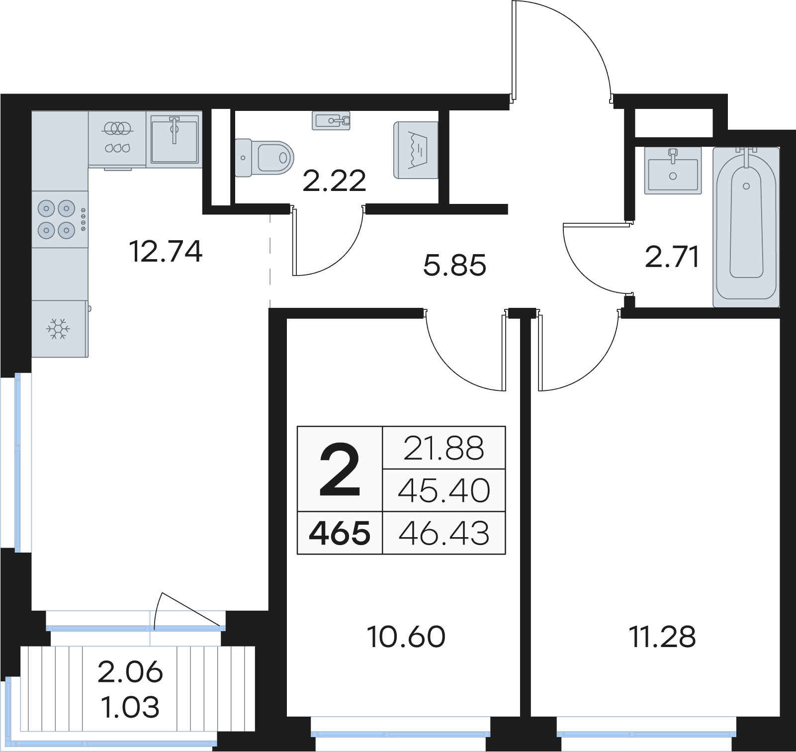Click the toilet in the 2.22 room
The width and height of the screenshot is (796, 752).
tap(264, 158)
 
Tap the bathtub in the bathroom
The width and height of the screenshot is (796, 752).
tap(746, 227)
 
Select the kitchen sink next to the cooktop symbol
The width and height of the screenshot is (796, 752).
tap(175, 139)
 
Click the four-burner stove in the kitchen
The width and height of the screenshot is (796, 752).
tap(60, 219)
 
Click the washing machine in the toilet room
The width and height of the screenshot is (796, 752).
tap(416, 150)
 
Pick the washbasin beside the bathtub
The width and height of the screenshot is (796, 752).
tap(673, 170)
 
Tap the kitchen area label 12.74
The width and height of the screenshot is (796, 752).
tap(166, 251)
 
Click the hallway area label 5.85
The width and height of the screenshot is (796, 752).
tap(454, 265)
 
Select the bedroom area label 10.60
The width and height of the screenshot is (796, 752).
tap(406, 637)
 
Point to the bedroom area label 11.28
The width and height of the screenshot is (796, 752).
tap(662, 637)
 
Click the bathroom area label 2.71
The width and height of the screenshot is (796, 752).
tap(672, 257)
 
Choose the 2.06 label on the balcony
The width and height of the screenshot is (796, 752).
tap(130, 672)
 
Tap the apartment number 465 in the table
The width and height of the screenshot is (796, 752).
tap(340, 533)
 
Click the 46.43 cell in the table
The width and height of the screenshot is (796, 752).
tap(444, 533)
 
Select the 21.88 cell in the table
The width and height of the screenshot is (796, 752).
tap(444, 448)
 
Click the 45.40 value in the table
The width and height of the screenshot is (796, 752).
tap(444, 490)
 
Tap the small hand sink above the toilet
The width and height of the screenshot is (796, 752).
tap(331, 120)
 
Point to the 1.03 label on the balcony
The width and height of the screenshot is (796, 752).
tap(130, 707)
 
